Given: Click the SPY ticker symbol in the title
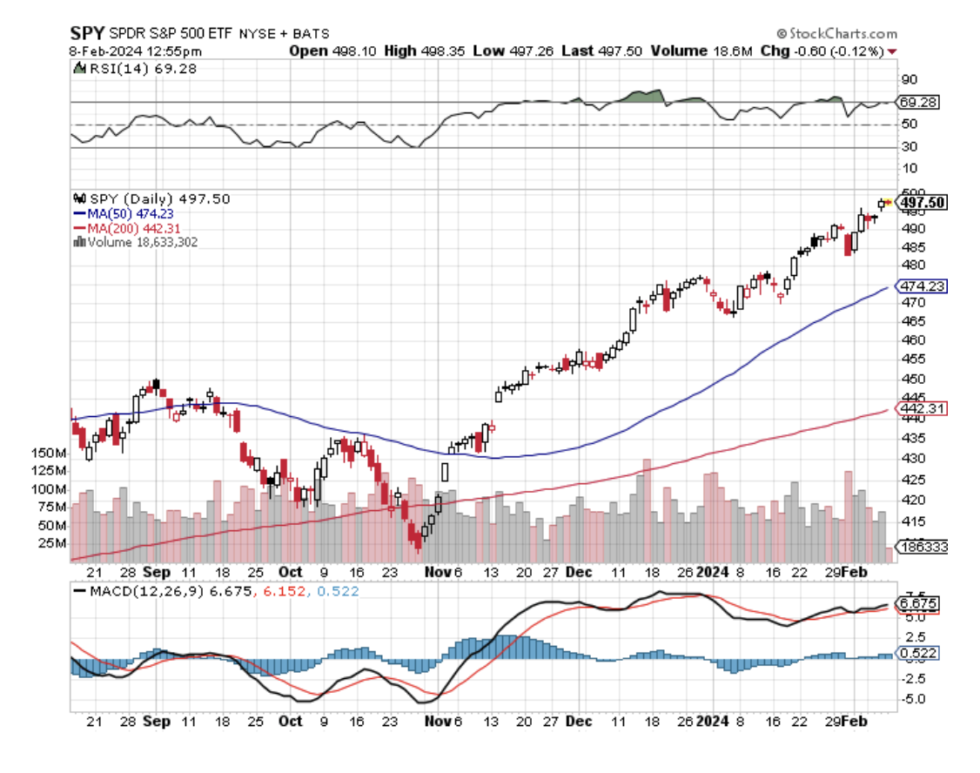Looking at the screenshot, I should click(88, 33).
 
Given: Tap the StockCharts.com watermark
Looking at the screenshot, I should click(836, 34).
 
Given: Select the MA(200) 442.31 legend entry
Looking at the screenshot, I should click(131, 228).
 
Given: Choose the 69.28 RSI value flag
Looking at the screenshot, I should click(918, 103).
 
